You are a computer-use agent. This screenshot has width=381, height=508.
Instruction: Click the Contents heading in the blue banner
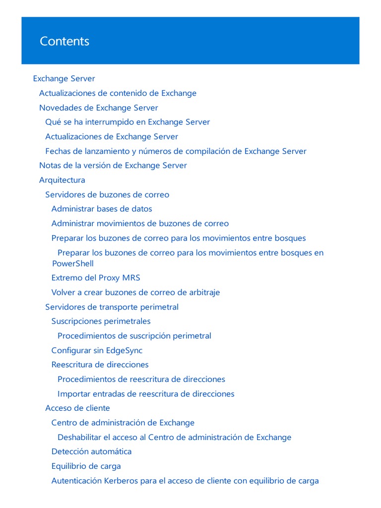click(64, 41)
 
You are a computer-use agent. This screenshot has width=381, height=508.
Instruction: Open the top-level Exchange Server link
click(64, 78)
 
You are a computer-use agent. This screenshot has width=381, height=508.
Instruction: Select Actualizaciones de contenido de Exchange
click(118, 93)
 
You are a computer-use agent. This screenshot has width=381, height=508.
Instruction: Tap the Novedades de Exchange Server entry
click(98, 108)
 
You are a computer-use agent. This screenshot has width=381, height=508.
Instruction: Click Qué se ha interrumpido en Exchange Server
click(127, 122)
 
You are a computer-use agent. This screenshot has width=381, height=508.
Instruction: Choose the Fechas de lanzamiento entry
click(176, 151)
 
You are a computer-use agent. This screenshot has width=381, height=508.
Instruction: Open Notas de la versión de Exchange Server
click(113, 165)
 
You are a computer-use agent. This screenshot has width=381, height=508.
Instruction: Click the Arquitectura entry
click(62, 180)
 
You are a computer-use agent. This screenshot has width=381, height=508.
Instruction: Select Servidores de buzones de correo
click(107, 194)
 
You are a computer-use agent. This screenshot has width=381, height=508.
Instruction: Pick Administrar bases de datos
click(102, 209)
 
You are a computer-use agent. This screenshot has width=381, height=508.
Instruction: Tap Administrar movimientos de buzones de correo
click(140, 224)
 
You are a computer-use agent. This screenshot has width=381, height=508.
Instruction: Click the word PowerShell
click(72, 263)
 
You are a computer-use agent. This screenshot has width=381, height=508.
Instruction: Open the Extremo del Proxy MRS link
click(96, 278)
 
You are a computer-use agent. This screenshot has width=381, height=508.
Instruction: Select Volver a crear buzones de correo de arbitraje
click(135, 292)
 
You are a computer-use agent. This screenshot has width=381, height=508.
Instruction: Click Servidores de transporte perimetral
click(112, 307)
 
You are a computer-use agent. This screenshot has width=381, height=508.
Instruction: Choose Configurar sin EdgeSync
click(97, 350)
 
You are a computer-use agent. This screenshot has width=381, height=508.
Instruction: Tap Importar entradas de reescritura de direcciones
click(146, 394)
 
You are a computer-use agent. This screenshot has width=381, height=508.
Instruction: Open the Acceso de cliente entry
click(77, 408)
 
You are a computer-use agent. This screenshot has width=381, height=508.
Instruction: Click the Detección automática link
click(91, 451)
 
